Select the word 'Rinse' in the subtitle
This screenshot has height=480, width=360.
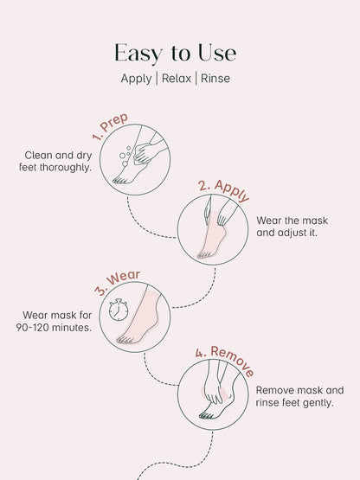[215, 78]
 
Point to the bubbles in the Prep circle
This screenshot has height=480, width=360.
[126, 155]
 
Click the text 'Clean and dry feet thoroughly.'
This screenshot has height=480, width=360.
[58, 161]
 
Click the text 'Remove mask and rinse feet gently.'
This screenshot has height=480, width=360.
[299, 397]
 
